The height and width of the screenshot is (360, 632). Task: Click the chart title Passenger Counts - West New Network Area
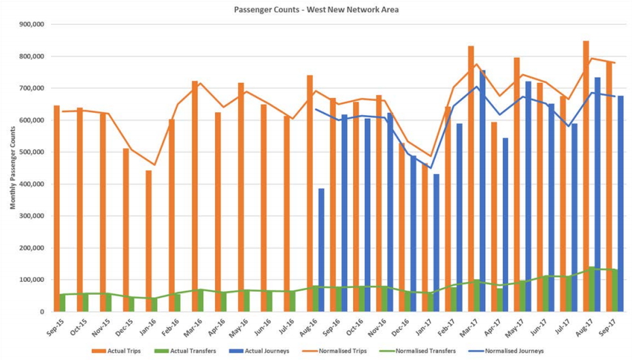[x=316, y=10]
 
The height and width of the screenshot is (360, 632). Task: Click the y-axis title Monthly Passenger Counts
[x=12, y=167]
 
